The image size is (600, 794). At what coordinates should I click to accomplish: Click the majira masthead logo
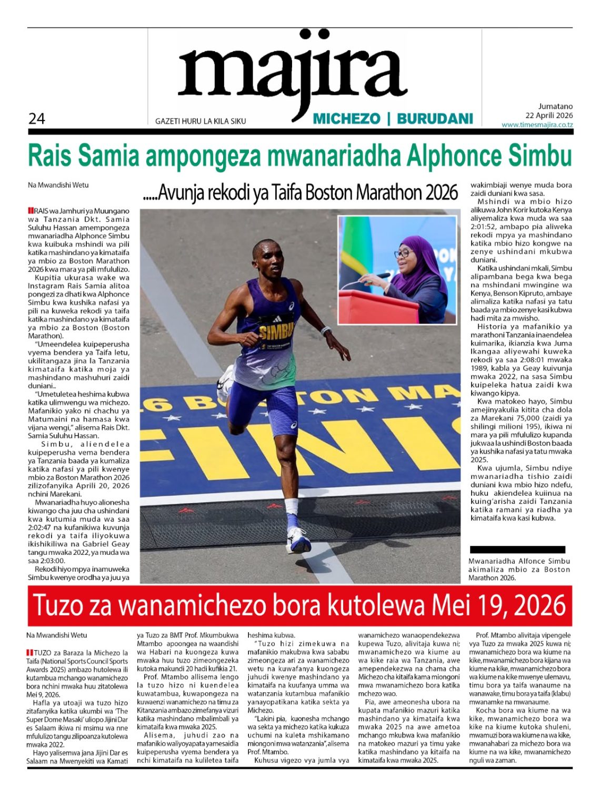pyautogui.click(x=293, y=74)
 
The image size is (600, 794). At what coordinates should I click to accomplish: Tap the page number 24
pyautogui.click(x=36, y=119)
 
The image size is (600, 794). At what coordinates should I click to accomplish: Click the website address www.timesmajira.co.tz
pyautogui.click(x=537, y=125)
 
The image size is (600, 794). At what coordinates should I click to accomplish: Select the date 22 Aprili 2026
pyautogui.click(x=549, y=115)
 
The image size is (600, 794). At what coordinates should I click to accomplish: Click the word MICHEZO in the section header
pyautogui.click(x=346, y=119)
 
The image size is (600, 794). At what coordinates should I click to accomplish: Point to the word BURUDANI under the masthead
pyautogui.click(x=435, y=119)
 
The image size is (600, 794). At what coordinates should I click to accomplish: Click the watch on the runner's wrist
pyautogui.click(x=326, y=331)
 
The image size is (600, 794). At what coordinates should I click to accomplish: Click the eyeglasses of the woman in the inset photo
pyautogui.click(x=403, y=253)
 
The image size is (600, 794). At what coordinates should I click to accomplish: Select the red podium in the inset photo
pyautogui.click(x=371, y=307)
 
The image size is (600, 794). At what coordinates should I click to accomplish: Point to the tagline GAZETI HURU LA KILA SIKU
pyautogui.click(x=201, y=121)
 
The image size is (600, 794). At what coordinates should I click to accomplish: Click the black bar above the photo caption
pyautogui.click(x=517, y=550)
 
